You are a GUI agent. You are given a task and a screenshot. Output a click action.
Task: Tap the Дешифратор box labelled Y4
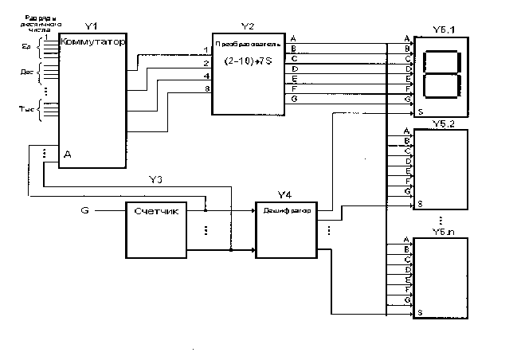click(286, 229)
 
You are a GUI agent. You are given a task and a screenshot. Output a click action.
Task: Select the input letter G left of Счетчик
click(86, 211)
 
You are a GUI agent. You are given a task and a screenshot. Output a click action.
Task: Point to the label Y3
click(155, 180)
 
